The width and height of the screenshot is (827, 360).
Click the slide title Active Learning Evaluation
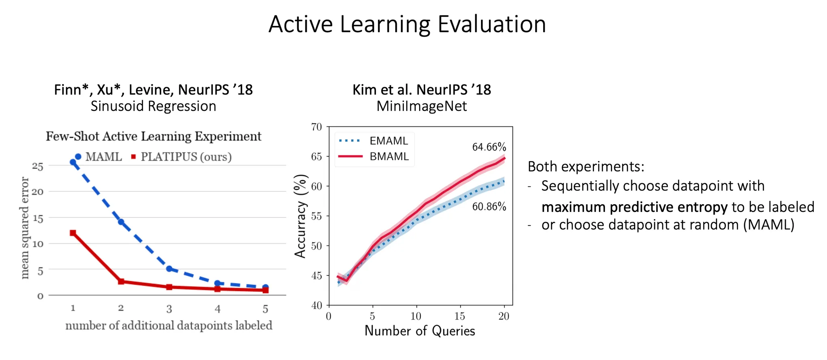407,24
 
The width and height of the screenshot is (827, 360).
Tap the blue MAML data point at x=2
121,222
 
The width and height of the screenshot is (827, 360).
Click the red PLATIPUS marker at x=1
73,233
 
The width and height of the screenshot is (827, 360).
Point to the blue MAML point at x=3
169,269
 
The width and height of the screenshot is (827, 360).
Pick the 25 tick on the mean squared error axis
38,166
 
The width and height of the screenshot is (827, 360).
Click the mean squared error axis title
25,228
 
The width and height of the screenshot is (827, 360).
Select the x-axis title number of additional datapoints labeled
169,325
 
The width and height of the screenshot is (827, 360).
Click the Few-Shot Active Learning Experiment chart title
153,136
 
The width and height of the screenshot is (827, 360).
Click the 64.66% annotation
489,147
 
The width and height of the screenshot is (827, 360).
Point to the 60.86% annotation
489,207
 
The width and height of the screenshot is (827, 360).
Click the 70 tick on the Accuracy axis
317,127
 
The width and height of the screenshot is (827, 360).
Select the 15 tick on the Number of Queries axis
460,316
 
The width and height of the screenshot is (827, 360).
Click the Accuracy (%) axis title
301,216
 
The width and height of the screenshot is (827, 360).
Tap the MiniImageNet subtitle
422,106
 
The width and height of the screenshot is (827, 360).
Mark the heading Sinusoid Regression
153,106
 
